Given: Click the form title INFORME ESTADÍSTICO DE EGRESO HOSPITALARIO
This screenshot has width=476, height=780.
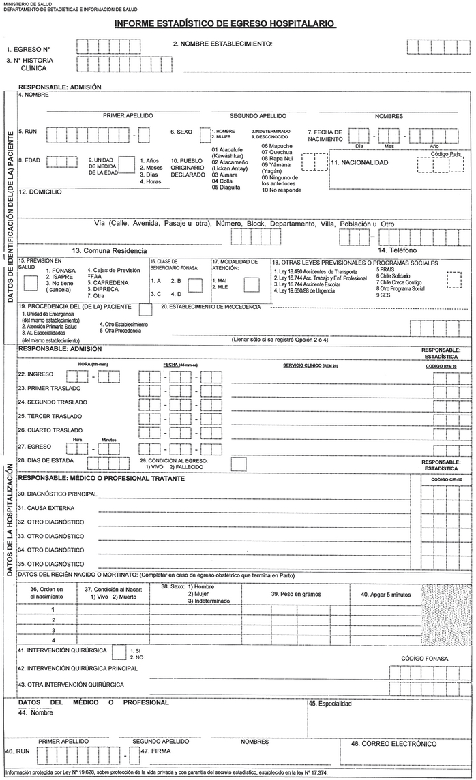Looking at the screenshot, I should point(225,24).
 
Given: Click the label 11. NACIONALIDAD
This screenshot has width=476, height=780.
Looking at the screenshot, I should point(361,163).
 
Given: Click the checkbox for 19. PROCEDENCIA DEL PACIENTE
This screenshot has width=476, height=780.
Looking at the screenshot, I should point(145,309).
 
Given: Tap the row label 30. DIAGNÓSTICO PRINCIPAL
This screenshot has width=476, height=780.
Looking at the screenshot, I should point(58,493).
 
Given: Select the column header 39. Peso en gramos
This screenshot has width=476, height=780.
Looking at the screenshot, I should point(295,595).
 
